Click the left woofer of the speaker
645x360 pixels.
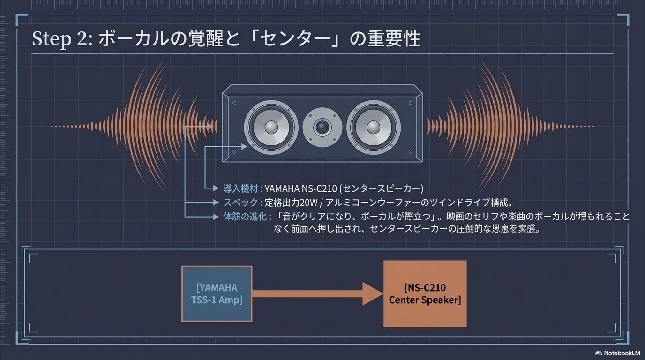271,127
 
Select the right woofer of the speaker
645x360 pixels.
374,127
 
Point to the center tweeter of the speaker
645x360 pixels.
322,127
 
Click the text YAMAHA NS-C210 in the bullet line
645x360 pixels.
300,189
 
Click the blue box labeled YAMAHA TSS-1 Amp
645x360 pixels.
217,294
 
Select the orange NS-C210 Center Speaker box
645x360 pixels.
425,294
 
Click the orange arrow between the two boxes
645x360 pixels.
319,294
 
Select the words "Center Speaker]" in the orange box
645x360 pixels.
425,300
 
